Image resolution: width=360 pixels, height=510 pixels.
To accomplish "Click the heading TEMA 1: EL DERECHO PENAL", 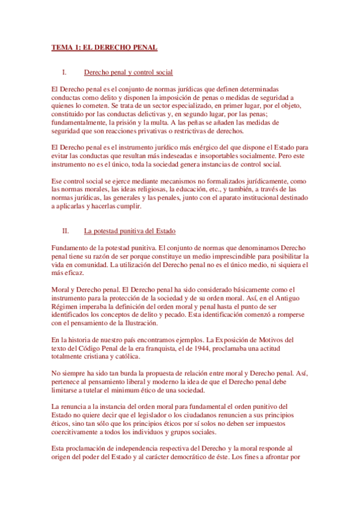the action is click(104, 48).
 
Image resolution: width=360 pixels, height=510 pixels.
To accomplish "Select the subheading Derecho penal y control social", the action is click(128, 72).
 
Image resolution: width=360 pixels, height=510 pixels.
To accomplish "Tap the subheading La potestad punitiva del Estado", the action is click(129, 231).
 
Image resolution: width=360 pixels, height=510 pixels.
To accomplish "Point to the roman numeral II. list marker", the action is click(66, 231).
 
